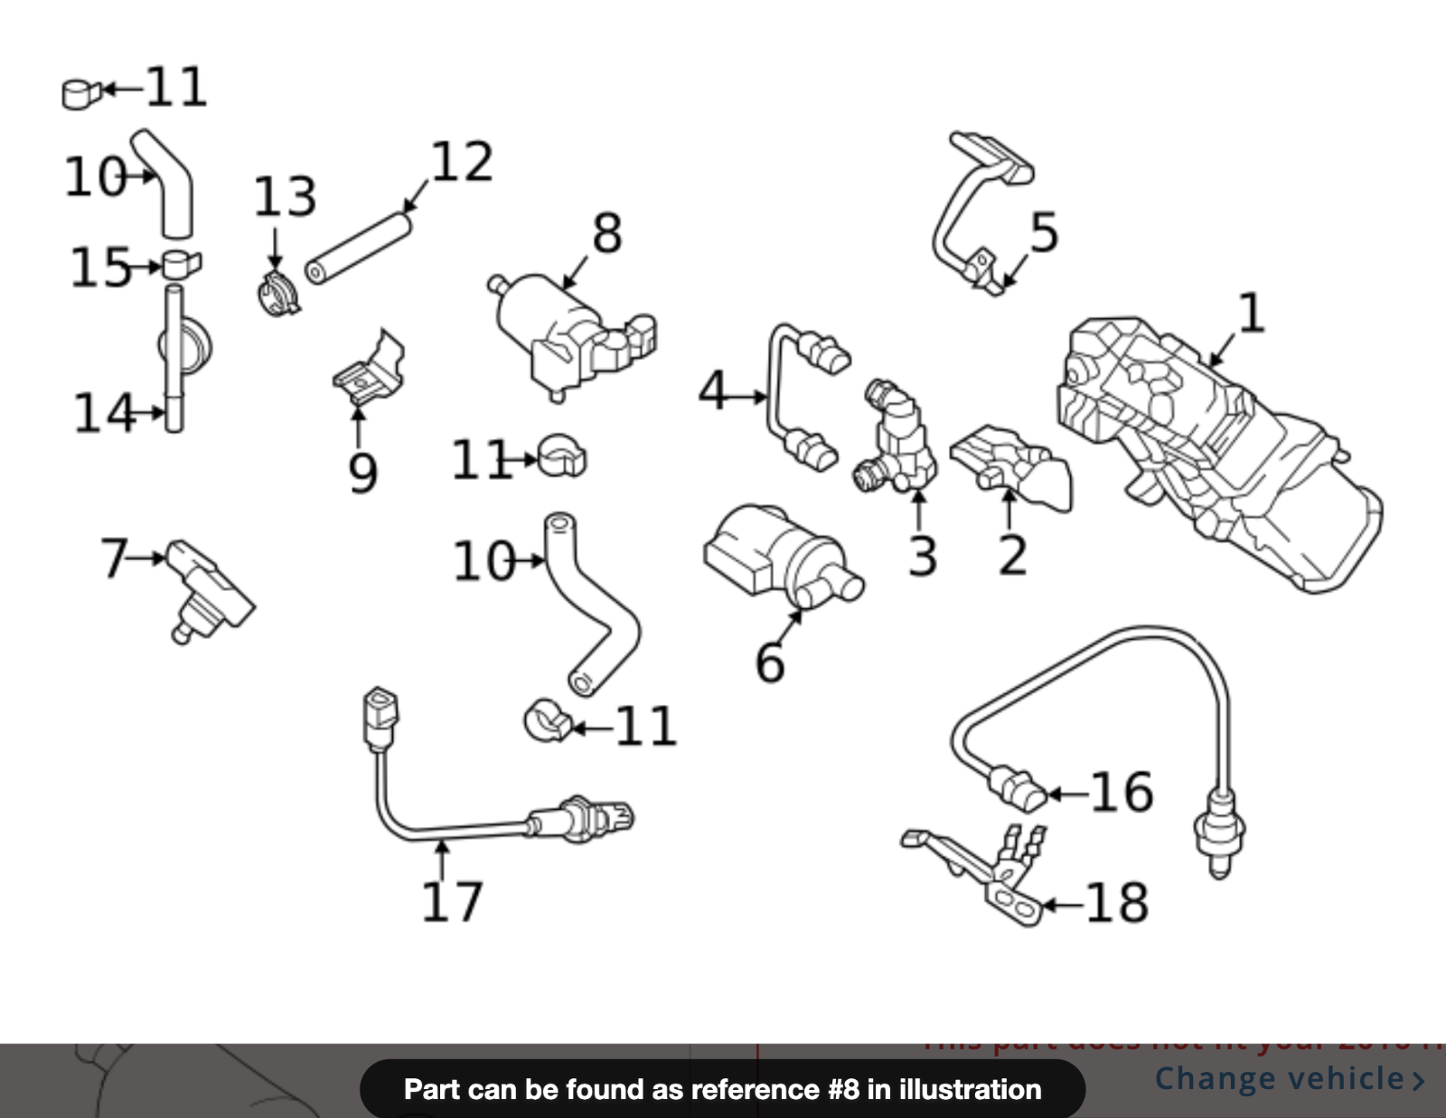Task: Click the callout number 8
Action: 607,233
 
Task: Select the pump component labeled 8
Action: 565,334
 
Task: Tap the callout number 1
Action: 1251,314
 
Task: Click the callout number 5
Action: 1044,232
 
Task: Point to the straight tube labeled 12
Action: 359,247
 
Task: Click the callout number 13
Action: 285,197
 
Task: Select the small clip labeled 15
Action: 182,265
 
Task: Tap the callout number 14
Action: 104,413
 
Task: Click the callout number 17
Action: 452,901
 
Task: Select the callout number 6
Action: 770,662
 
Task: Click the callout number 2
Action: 1012,555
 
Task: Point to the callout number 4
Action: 713,390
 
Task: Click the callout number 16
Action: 1122,792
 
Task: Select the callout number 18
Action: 1117,902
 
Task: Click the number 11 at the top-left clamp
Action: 175,87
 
